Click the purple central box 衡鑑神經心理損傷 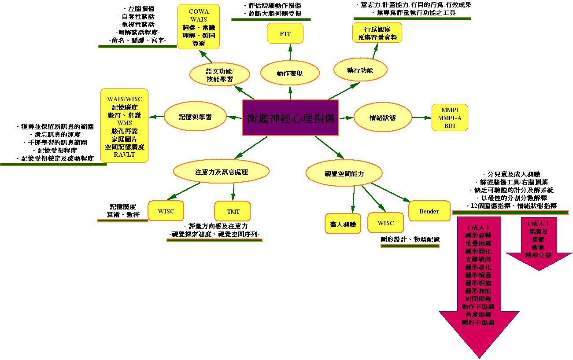pyautogui.click(x=291, y=118)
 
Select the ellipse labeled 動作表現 pyautogui.click(x=289, y=73)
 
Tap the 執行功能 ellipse pyautogui.click(x=360, y=70)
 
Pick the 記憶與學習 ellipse pyautogui.click(x=195, y=117)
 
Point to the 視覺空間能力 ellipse pyautogui.click(x=344, y=173)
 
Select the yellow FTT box pyautogui.click(x=285, y=34)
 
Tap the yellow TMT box pyautogui.click(x=233, y=211)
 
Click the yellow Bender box pyautogui.click(x=429, y=211)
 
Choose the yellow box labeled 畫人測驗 pyautogui.click(x=343, y=224)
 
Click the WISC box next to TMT pyautogui.click(x=166, y=211)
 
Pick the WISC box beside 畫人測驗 pyautogui.click(x=385, y=223)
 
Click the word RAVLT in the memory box pyautogui.click(x=124, y=154)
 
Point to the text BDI pyautogui.click(x=449, y=126)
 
